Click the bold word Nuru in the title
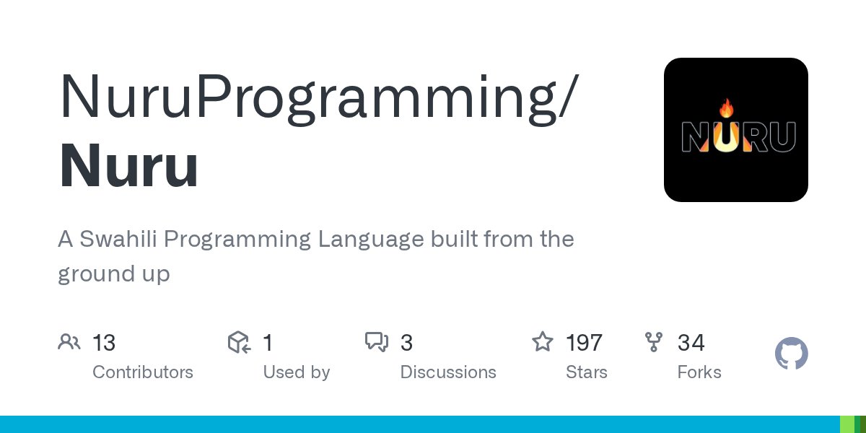tap(128, 166)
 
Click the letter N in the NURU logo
tap(696, 136)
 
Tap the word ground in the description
tap(88, 274)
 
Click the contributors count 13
tap(104, 343)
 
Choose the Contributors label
tap(143, 372)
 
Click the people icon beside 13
tap(69, 342)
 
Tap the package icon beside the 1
tap(239, 342)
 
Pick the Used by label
tap(297, 372)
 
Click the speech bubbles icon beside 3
tap(377, 342)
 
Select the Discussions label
tap(448, 372)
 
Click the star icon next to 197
tap(543, 342)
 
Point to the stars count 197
tap(584, 343)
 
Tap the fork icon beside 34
tap(654, 342)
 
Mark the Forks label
tap(699, 372)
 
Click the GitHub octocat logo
tap(791, 354)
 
